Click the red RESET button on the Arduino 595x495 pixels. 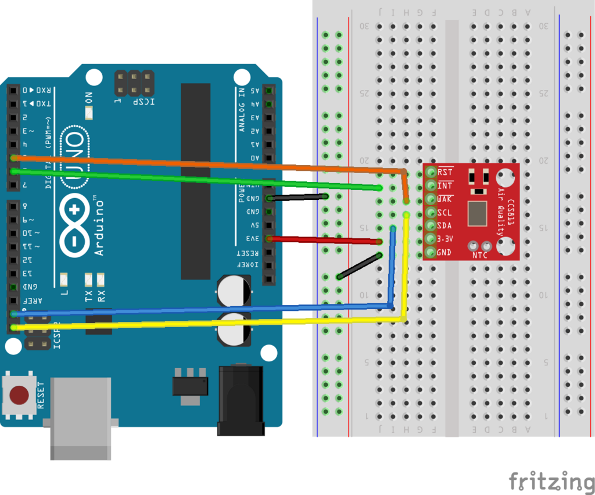(20, 395)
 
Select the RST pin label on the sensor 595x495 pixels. (446, 172)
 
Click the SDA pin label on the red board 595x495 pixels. (445, 225)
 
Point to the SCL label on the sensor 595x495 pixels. (445, 212)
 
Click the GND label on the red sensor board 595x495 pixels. (445, 253)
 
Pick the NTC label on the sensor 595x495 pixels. (479, 255)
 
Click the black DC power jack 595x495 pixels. (240, 401)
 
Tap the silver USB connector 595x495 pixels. (81, 418)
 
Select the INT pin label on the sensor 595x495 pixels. (446, 185)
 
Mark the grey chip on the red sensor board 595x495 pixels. (478, 213)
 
